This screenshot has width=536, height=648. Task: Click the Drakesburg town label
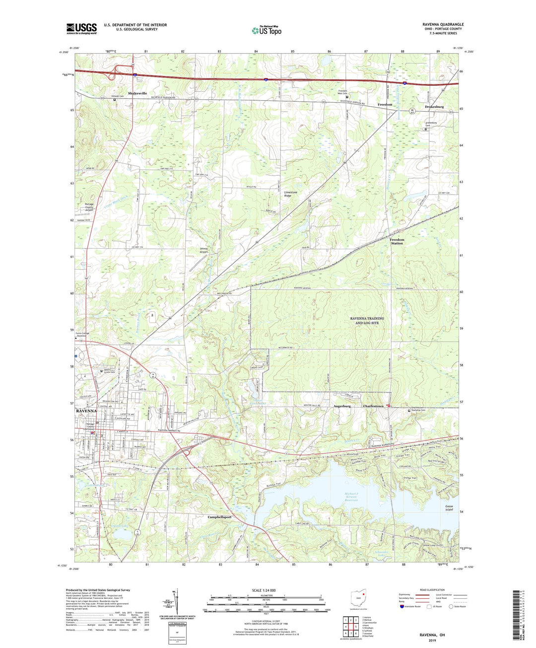pyautogui.click(x=434, y=107)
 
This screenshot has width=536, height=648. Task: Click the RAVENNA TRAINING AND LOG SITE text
pyautogui.click(x=367, y=320)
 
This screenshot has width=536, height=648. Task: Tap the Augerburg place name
pyautogui.click(x=341, y=406)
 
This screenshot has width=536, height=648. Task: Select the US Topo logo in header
pyautogui.click(x=267, y=30)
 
